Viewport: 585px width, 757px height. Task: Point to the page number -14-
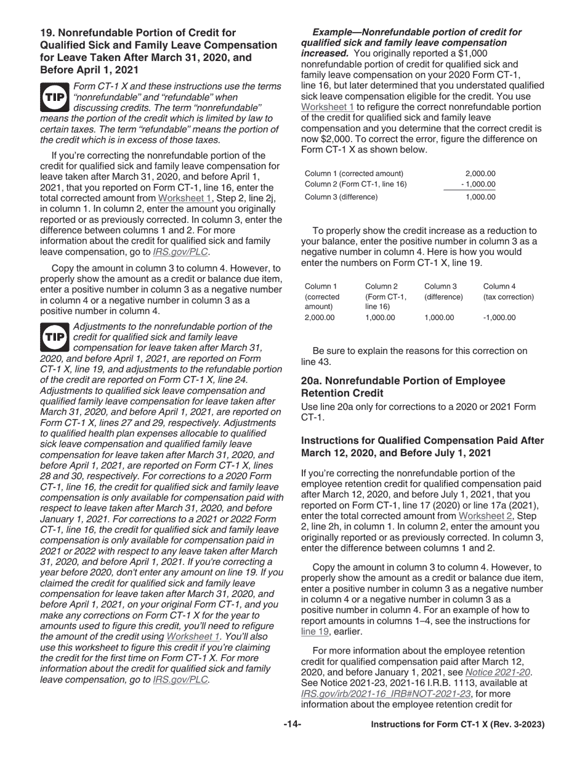coord(292,724)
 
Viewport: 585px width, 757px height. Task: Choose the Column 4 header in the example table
coord(499,286)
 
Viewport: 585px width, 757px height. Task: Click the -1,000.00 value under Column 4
coord(499,318)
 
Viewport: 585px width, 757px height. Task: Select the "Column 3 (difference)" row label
coord(341,197)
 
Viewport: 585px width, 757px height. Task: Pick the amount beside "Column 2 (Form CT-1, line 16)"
coord(478,185)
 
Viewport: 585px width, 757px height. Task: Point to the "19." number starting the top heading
coord(49,32)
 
